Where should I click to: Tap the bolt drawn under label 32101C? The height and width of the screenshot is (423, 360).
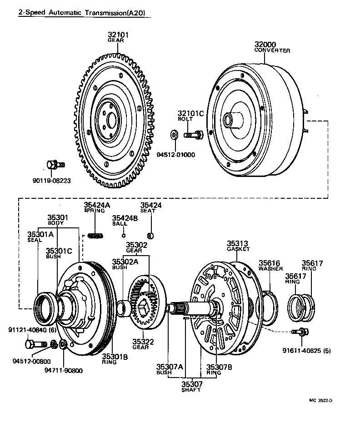[x=194, y=134]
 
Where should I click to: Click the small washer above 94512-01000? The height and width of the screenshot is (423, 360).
[x=174, y=135]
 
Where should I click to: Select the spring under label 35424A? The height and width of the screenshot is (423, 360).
[x=95, y=235]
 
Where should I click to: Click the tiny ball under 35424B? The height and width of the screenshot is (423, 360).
[x=123, y=235]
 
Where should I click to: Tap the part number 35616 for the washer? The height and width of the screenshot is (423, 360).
[x=270, y=263]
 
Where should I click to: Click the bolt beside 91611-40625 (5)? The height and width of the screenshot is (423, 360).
[x=300, y=332]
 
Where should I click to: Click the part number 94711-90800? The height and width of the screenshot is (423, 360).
[x=64, y=370]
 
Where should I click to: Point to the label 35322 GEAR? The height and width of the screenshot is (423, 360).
[x=140, y=344]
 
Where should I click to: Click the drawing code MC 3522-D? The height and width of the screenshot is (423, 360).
[x=321, y=400]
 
